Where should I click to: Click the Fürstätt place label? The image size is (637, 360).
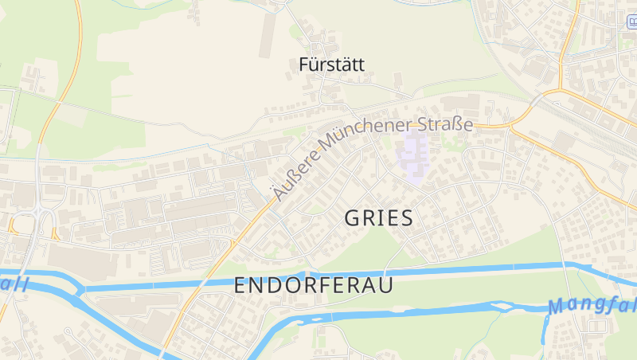[331, 65]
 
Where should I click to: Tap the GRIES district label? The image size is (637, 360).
[379, 218]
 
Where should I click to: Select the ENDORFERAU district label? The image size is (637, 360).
[314, 286]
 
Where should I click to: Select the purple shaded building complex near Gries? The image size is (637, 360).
[414, 155]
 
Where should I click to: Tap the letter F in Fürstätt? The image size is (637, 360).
[303, 65]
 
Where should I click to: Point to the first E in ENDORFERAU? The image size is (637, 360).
[240, 286]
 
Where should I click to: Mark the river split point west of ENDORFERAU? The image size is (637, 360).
[80, 291]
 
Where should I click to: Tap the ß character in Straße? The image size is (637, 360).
[460, 125]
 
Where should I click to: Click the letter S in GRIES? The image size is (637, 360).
[405, 218]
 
